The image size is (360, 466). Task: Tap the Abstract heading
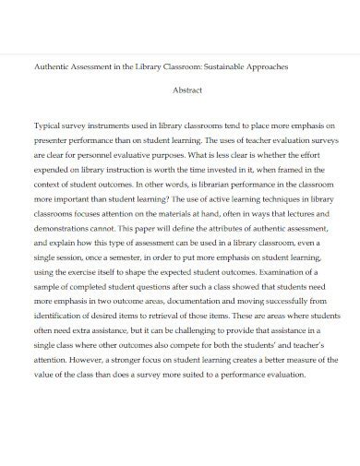(x=188, y=90)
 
